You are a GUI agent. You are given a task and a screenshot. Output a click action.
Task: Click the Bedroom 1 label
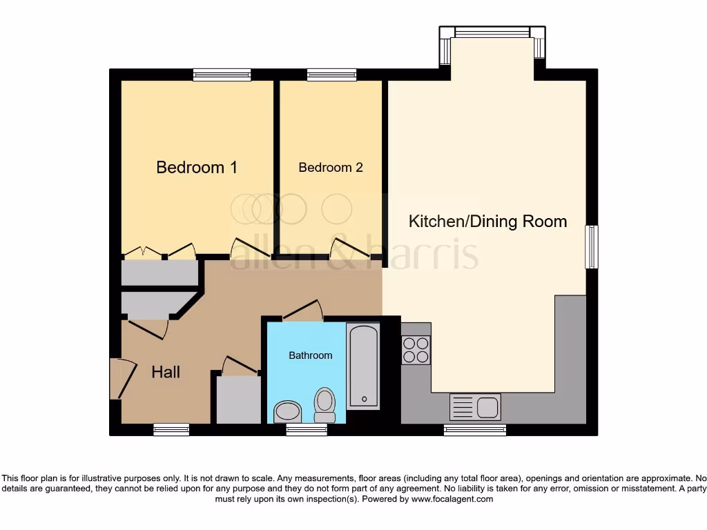[197, 167]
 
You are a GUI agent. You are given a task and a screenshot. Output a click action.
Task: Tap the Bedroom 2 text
[330, 167]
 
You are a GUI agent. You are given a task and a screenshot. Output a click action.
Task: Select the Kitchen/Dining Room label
[487, 222]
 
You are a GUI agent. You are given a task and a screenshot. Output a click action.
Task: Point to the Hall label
[166, 372]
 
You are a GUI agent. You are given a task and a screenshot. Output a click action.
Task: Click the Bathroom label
[310, 355]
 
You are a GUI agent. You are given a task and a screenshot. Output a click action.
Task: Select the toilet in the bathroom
[324, 404]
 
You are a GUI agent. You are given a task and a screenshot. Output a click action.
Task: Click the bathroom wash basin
[287, 412]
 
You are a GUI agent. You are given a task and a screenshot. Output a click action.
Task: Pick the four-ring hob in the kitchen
[415, 350]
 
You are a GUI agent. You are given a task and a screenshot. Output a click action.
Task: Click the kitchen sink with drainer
[475, 407]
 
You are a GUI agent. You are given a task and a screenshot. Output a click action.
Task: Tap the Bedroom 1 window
[222, 75]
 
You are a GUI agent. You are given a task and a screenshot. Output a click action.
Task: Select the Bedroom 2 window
[331, 75]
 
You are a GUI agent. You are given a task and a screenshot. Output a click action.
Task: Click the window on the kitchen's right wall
[592, 247]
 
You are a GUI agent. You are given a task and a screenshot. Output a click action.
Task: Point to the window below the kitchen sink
[474, 430]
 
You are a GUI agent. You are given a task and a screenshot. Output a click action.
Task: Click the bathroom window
[307, 430]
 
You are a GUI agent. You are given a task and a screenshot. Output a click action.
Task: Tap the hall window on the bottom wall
[171, 430]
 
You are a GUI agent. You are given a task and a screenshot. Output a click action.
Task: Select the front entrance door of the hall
[119, 379]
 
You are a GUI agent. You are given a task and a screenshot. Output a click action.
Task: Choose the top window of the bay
[492, 32]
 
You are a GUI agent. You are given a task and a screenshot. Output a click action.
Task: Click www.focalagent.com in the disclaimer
[452, 498]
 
